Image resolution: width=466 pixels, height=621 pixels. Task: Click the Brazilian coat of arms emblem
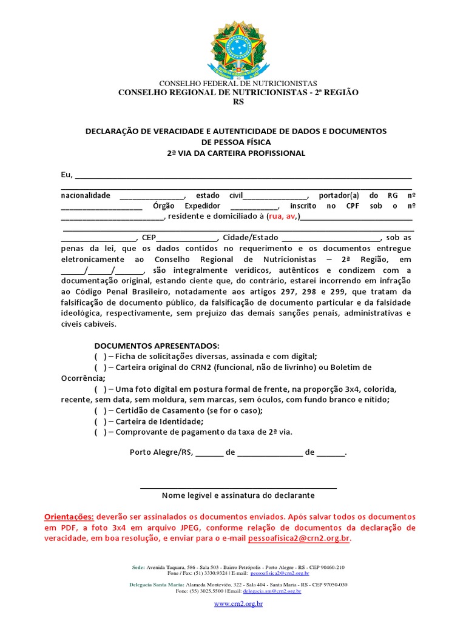pos(238,50)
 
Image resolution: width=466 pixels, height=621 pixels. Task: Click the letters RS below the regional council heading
pos(238,102)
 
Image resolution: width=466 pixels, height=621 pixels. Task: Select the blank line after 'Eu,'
pos(243,177)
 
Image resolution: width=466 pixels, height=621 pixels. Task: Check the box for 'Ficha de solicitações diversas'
pos(100,357)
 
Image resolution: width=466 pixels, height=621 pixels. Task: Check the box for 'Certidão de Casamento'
pos(100,411)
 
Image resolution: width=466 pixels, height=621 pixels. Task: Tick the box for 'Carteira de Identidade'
pos(100,421)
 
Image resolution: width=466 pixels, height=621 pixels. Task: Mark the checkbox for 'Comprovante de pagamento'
pos(100,432)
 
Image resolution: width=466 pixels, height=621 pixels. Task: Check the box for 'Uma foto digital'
pos(100,389)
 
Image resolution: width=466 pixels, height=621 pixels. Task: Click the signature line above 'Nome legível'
pos(238,487)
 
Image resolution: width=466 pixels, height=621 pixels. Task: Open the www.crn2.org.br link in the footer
pos(238,605)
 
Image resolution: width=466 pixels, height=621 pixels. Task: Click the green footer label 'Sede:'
pos(138,567)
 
